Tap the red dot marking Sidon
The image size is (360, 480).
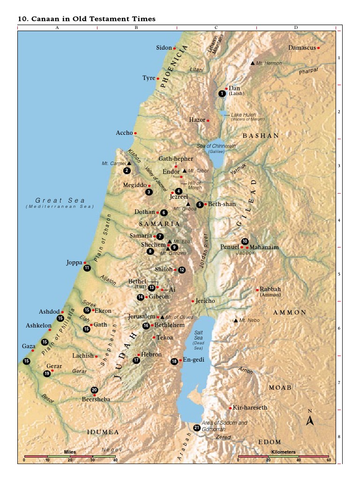174,48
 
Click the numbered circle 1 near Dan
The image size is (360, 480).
222,94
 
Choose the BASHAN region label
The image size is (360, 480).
261,135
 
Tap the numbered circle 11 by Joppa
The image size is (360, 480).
87,268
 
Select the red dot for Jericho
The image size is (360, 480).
193,301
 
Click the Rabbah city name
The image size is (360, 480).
270,289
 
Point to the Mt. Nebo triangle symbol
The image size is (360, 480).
236,321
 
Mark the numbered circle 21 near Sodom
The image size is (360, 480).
197,427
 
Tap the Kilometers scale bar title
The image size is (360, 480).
284,452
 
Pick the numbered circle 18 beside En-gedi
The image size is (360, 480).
174,361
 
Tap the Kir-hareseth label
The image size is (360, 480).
250,408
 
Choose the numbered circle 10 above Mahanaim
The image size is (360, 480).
245,241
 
